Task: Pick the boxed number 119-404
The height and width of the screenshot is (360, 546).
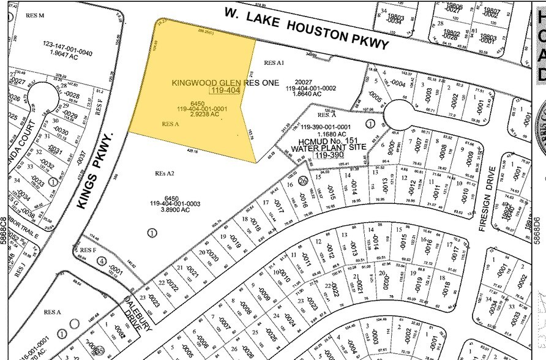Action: pyautogui.click(x=225, y=91)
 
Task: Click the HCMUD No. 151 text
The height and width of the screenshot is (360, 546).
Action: pyautogui.click(x=321, y=140)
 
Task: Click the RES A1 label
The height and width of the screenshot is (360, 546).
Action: pyautogui.click(x=274, y=62)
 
